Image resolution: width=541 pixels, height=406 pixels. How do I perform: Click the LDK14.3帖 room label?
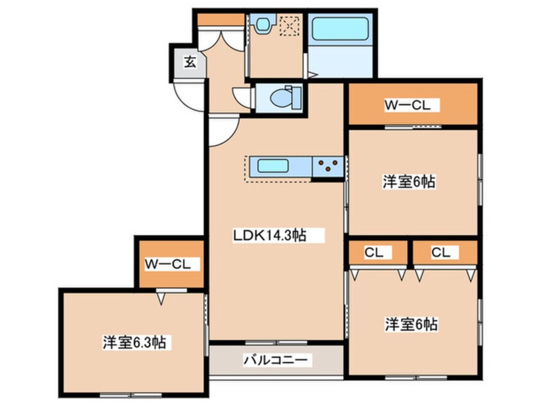(x=269, y=236)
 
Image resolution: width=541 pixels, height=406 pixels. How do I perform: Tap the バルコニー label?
(x=276, y=360)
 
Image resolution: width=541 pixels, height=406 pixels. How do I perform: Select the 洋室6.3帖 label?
(x=134, y=343)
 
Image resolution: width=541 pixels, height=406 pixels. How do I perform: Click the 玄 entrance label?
(x=190, y=63)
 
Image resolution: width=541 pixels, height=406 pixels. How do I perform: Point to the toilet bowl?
(x=282, y=98)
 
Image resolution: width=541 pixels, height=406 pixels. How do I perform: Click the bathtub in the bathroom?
(x=339, y=29)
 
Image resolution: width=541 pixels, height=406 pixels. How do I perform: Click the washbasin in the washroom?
(x=263, y=24)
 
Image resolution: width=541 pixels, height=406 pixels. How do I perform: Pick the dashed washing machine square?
(x=289, y=26)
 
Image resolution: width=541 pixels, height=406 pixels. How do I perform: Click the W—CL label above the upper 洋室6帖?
(x=408, y=105)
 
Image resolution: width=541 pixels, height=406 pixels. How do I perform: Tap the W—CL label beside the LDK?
(x=168, y=264)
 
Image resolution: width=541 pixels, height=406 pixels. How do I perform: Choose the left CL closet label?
(x=374, y=252)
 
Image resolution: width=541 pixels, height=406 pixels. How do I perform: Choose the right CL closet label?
(x=441, y=252)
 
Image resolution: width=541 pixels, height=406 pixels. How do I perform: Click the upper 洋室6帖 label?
(x=409, y=182)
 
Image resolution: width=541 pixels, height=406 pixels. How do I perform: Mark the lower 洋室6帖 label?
(x=411, y=325)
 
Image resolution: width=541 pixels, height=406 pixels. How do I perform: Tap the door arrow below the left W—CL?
(x=161, y=298)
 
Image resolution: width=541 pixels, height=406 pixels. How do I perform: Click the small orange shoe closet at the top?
(x=221, y=19)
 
